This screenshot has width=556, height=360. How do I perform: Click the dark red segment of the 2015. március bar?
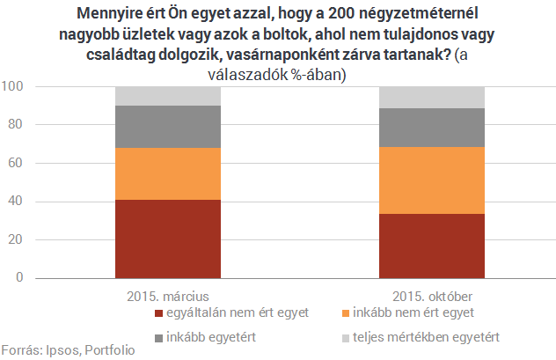pos(167,239)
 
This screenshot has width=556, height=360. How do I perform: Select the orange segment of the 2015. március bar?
pos(167,173)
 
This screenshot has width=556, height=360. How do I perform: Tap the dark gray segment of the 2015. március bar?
pos(167,127)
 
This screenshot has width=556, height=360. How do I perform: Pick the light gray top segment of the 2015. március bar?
pos(167,96)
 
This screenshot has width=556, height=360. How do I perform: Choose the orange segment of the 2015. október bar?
pos(432,180)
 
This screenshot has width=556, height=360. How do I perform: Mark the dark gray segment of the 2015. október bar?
pos(432,128)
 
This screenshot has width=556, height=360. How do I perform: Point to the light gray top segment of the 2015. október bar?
pos(432,97)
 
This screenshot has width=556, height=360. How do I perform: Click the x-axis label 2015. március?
pos(167,293)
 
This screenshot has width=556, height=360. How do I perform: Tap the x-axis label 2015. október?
pos(432,293)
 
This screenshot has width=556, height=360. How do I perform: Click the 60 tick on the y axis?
pos(17,164)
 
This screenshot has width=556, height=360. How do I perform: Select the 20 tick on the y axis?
pos(17,240)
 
